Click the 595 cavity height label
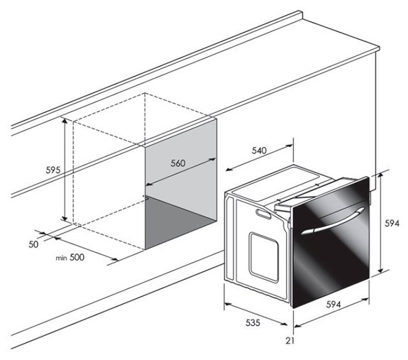(53, 170)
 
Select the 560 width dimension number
(178, 163)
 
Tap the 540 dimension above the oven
(260, 151)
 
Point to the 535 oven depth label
(253, 323)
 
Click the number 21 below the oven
(290, 341)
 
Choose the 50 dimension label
(33, 244)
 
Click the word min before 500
(62, 258)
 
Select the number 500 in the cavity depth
(77, 257)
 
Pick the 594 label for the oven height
(392, 224)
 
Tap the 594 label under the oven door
(333, 305)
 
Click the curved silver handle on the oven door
(333, 221)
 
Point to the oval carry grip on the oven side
(263, 214)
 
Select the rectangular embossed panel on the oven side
(263, 258)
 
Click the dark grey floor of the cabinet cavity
(177, 222)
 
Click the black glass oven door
(331, 242)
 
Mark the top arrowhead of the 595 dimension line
(65, 120)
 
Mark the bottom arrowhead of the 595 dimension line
(65, 218)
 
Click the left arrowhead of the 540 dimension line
(228, 170)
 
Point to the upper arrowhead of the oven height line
(380, 175)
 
